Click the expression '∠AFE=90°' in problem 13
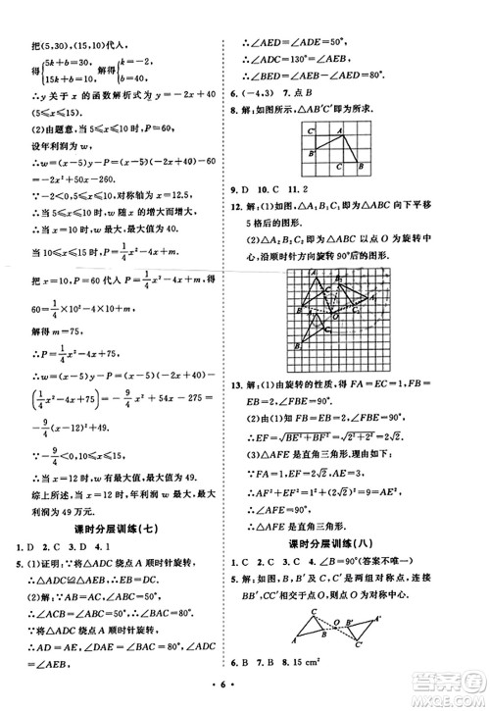coord(295,485)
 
